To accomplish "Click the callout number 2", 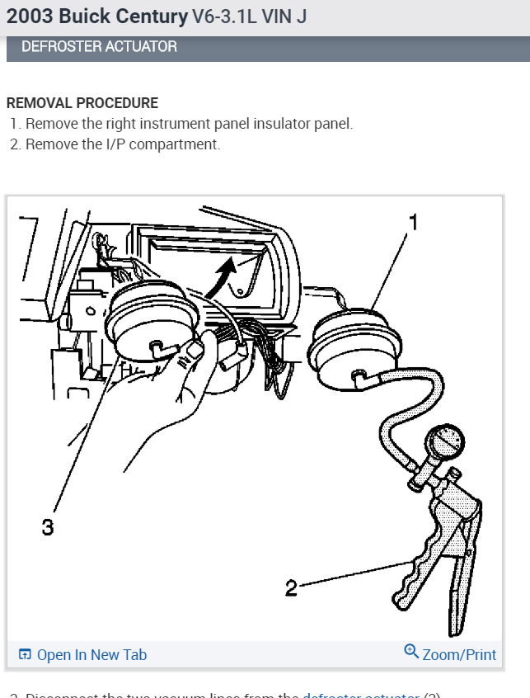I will tap(291, 588).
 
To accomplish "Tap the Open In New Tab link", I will tap(91, 655).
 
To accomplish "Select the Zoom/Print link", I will tap(459, 655).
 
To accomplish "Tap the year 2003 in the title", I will tap(27, 17).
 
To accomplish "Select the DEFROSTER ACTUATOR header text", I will tap(99, 47).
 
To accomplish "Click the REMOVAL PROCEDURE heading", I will tap(82, 103).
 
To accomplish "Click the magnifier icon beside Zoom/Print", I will tap(411, 653).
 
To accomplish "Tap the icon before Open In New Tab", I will tap(26, 655).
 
